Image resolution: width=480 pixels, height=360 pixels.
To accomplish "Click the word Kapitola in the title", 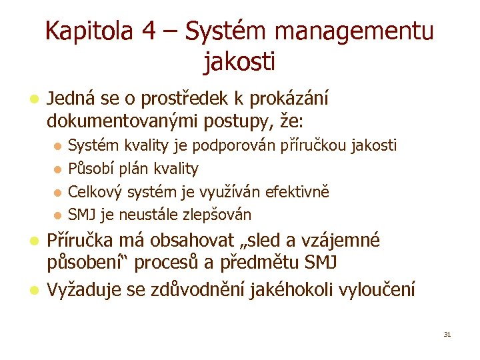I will (x=89, y=32).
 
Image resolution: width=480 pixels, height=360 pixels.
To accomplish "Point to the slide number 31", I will (x=447, y=334).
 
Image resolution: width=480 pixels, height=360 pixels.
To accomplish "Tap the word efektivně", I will (x=297, y=192).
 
